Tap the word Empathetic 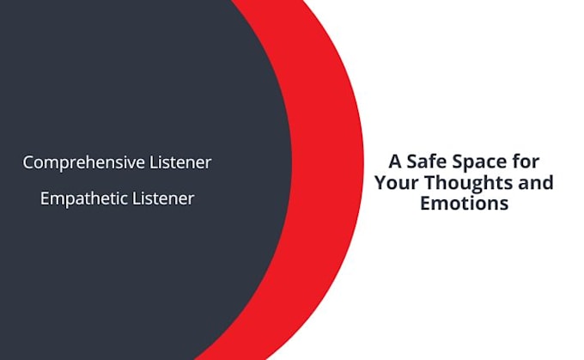pos(83,198)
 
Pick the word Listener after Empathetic pos(163,198)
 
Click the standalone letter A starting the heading pos(395,161)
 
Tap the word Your pos(393,182)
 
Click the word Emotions pos(464,204)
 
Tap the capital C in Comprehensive pos(28,162)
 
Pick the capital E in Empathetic pos(45,198)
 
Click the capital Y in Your pos(379,182)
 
